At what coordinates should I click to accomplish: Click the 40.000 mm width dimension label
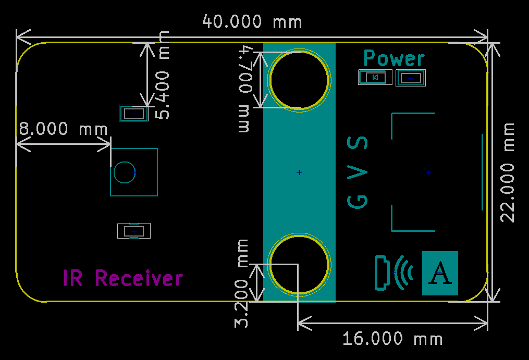tap(252, 22)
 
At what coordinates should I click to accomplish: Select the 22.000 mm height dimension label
tap(508, 172)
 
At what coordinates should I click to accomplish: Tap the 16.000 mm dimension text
tap(392, 339)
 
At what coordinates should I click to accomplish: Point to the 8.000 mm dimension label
tap(63, 128)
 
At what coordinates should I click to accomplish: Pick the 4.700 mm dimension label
tap(245, 90)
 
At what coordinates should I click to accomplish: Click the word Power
tap(394, 58)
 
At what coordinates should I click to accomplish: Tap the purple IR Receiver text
tap(123, 278)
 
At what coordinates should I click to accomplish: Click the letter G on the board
tap(358, 201)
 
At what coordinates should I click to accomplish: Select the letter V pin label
tap(358, 173)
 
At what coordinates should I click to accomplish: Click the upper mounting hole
tap(299, 80)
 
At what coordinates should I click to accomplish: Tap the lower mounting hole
tap(299, 263)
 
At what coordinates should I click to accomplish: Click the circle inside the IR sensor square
tap(125, 172)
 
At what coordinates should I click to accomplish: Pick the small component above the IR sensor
tap(134, 113)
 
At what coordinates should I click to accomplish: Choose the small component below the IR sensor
tap(134, 230)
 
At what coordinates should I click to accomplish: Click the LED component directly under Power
tap(375, 78)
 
